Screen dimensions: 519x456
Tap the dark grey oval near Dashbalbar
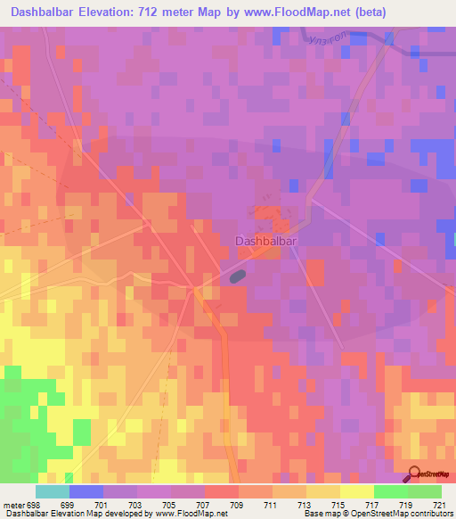237,277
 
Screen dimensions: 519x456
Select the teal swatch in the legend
53,491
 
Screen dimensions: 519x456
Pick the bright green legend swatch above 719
390,491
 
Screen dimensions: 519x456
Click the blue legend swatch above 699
86,491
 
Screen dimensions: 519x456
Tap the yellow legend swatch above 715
322,491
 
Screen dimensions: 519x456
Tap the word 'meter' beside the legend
13,505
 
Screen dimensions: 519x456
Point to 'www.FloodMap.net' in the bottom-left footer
175,515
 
